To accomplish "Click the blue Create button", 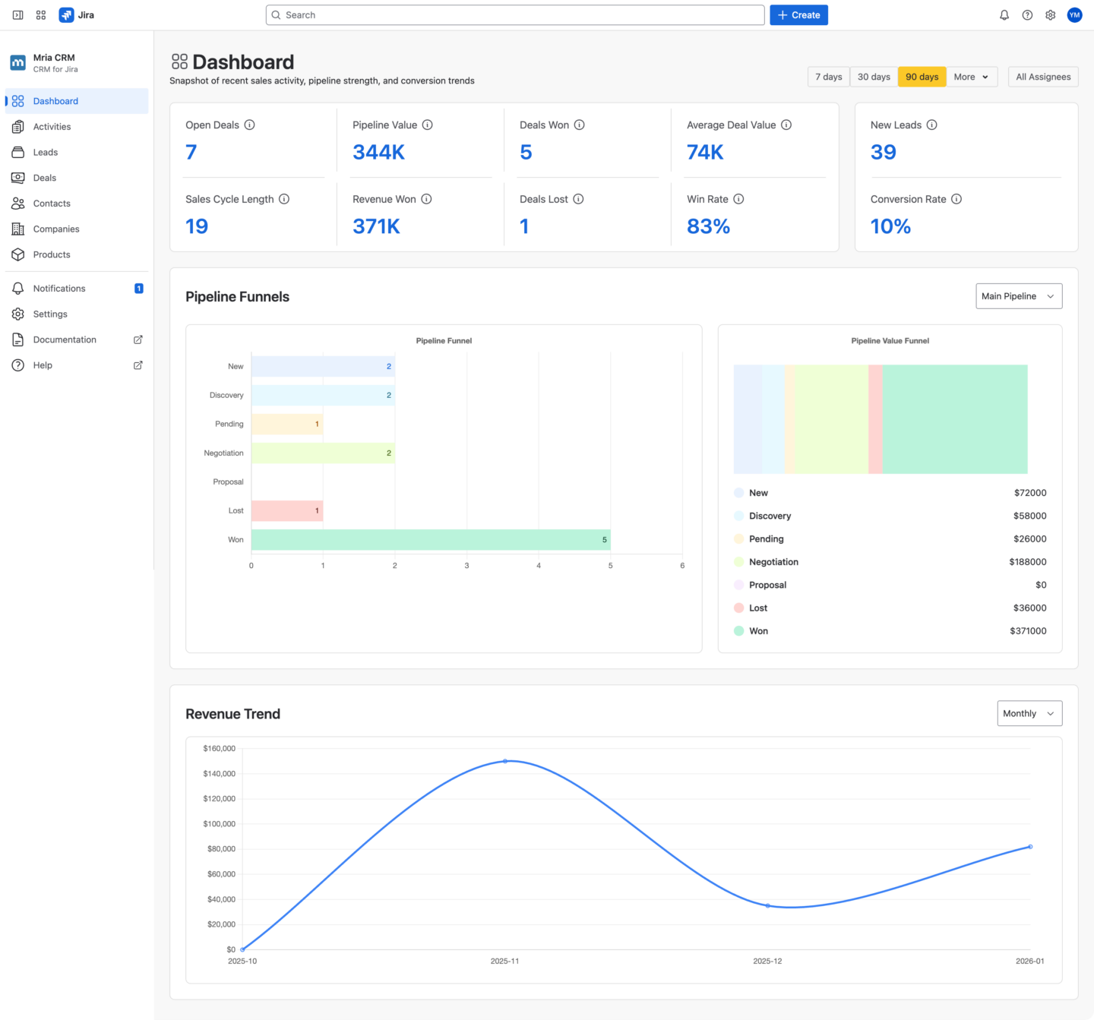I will (798, 15).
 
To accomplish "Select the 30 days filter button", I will (874, 77).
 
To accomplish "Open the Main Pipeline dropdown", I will (1018, 296).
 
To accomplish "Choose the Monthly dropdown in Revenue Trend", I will (1029, 713).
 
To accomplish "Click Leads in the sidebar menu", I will (46, 153).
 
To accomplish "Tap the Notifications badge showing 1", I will (138, 289).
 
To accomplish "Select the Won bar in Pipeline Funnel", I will (430, 540).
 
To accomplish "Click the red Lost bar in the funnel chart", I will (286, 511).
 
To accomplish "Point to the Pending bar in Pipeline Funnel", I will (286, 425).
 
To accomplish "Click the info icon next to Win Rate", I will (738, 199).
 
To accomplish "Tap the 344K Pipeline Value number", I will (378, 153).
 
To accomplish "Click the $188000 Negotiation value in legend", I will (1027, 562).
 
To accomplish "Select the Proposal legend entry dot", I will (738, 585).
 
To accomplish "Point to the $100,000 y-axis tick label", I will (219, 824).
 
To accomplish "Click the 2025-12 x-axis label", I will (767, 962).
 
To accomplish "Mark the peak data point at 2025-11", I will (505, 761).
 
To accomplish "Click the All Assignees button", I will (1043, 77).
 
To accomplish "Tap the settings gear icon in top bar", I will (1050, 15).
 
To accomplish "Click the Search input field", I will (515, 15).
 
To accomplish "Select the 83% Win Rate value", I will (708, 226).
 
